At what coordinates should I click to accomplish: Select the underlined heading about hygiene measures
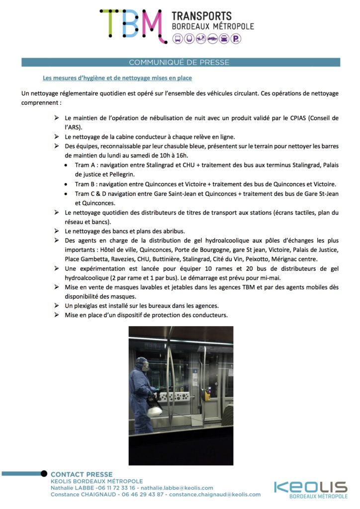117,78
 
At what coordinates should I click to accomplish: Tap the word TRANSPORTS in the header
201,16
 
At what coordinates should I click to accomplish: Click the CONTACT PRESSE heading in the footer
82,475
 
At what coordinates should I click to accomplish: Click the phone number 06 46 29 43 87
143,495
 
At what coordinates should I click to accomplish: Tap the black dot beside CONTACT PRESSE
44,474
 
